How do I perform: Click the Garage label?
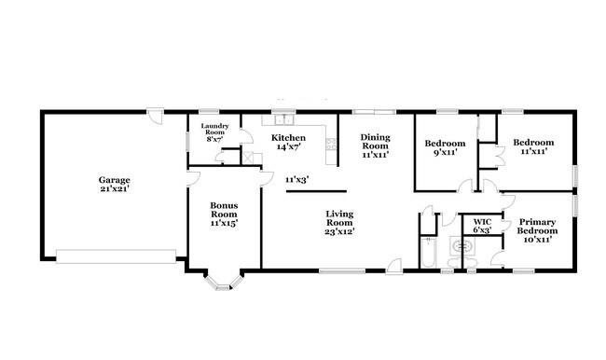tap(115, 180)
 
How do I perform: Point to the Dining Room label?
tap(375, 142)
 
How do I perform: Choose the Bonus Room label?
tap(224, 210)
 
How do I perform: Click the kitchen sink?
tap(279, 119)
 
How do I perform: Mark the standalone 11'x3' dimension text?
tap(296, 179)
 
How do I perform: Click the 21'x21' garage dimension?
tap(115, 189)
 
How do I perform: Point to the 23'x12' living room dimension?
tap(338, 230)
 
